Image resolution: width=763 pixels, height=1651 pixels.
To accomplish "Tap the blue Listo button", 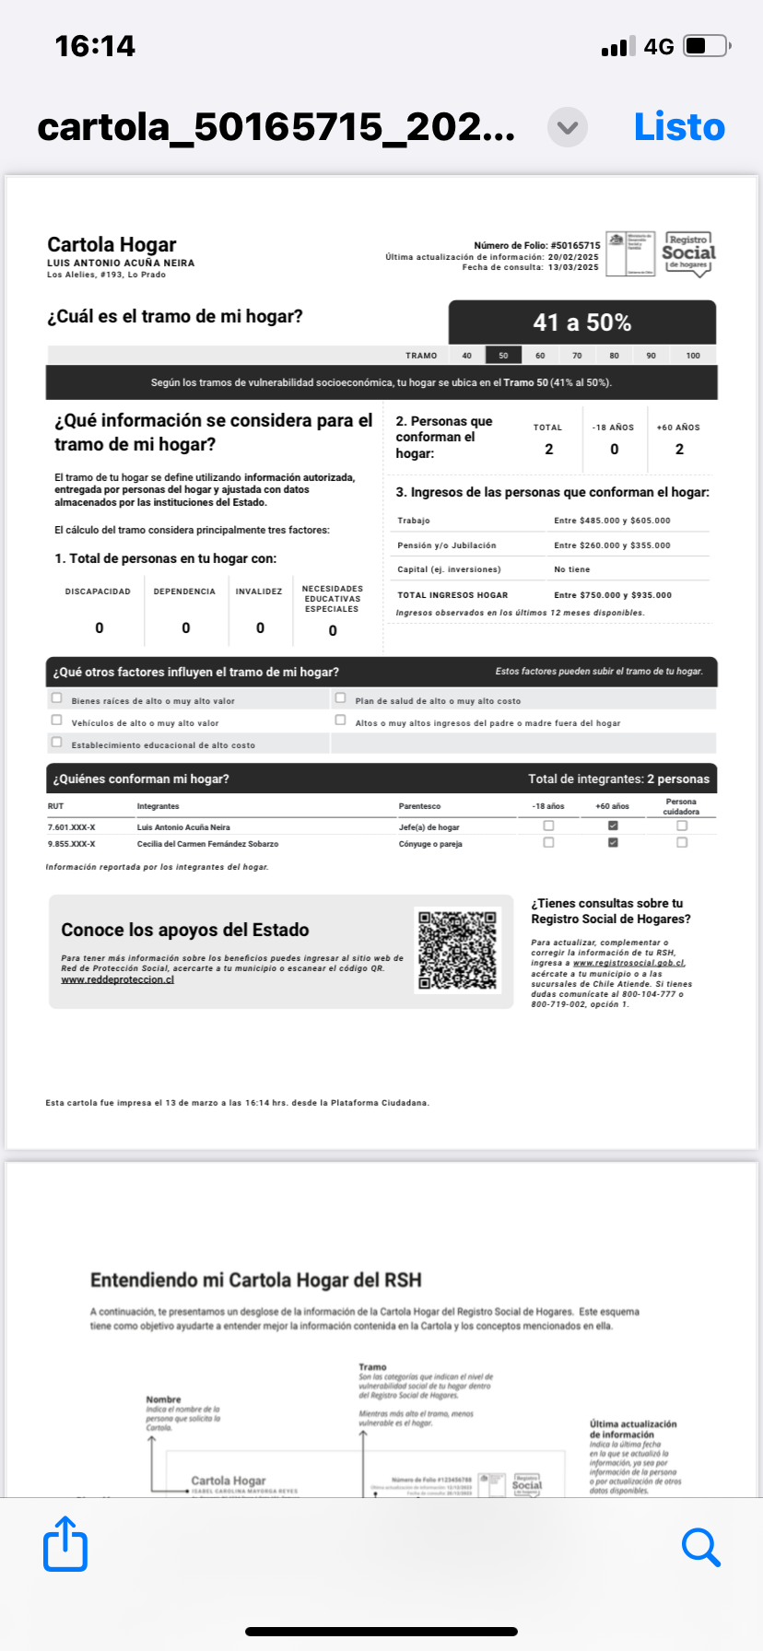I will click(x=679, y=127).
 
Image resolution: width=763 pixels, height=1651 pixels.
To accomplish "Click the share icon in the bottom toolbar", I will click(x=65, y=1543).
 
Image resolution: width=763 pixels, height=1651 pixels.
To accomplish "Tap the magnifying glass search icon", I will click(x=700, y=1547).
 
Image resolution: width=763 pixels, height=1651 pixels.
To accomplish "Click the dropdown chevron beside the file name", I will click(x=568, y=127).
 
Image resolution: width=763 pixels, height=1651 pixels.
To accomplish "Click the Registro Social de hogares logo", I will click(x=688, y=252).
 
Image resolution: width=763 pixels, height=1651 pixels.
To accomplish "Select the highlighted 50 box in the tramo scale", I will click(x=503, y=355).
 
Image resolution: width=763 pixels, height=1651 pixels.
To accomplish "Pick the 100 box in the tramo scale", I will click(x=693, y=355).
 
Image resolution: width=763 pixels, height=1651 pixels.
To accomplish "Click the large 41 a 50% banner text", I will click(x=581, y=322).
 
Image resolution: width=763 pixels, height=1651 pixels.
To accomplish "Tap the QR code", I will click(x=457, y=951).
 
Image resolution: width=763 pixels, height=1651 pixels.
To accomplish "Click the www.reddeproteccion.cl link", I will click(x=117, y=979).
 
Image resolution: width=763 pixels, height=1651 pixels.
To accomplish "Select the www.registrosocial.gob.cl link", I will click(x=628, y=963).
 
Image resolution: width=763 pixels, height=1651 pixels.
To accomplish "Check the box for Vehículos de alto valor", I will click(x=57, y=720).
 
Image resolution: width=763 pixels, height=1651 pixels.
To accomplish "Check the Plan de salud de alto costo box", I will click(x=341, y=698).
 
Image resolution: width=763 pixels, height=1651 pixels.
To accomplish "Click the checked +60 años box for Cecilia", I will click(x=613, y=842).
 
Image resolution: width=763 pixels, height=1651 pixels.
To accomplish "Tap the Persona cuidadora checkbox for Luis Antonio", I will click(x=682, y=825).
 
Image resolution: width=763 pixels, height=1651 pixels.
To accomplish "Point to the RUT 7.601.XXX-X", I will click(x=71, y=827).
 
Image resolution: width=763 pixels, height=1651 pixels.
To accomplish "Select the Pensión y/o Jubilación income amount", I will click(x=612, y=545).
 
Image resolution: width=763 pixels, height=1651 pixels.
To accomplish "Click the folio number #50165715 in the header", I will click(x=575, y=246).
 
